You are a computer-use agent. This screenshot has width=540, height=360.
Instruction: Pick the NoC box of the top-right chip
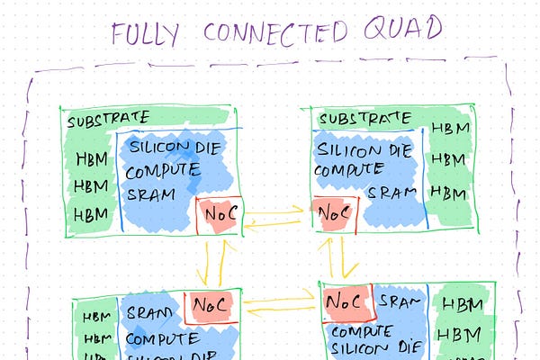click(x=333, y=215)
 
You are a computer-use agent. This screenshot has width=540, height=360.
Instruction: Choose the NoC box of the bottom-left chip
click(x=211, y=306)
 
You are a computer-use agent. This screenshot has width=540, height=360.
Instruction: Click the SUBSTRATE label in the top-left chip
click(x=108, y=118)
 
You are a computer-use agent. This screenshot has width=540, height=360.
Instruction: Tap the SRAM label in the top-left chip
click(x=150, y=193)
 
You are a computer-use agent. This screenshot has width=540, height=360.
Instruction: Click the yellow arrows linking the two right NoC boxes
click(x=343, y=256)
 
